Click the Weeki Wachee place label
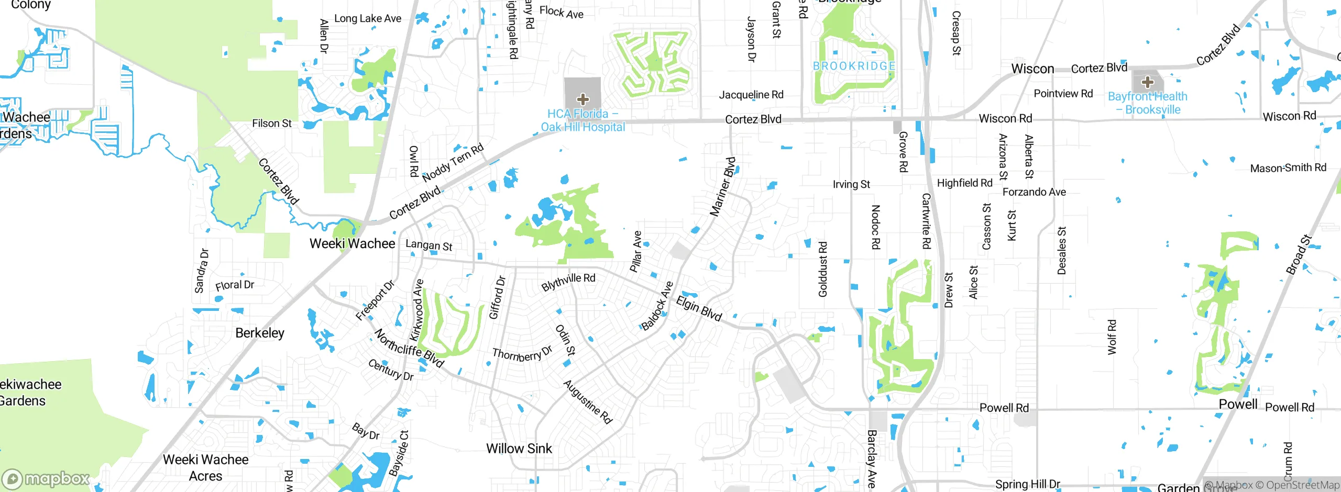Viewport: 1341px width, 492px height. pyautogui.click(x=352, y=243)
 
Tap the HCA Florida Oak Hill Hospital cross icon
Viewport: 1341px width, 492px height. pyautogui.click(x=582, y=99)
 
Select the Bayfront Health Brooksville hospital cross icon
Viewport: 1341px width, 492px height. pyautogui.click(x=1147, y=82)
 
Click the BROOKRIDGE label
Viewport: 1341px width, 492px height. pyautogui.click(x=854, y=66)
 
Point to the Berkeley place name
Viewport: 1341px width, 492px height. pyautogui.click(x=260, y=333)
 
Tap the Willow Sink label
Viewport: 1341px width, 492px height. pyautogui.click(x=519, y=449)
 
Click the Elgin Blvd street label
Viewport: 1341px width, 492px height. pyautogui.click(x=699, y=308)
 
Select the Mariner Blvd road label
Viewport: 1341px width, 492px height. pyautogui.click(x=723, y=186)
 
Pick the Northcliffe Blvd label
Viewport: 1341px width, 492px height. pyautogui.click(x=409, y=348)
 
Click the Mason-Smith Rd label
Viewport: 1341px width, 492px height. pyautogui.click(x=1288, y=168)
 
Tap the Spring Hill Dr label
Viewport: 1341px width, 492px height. pyautogui.click(x=1027, y=484)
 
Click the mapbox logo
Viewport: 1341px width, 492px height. pyautogui.click(x=46, y=479)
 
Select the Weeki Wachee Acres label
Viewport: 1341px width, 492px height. pyautogui.click(x=206, y=467)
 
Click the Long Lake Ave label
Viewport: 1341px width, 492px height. pyautogui.click(x=368, y=18)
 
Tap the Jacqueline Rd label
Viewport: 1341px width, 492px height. pyautogui.click(x=751, y=95)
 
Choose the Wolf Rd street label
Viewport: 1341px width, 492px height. pyautogui.click(x=1112, y=337)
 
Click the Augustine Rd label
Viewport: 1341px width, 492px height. pyautogui.click(x=588, y=401)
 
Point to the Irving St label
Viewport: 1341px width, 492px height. pyautogui.click(x=851, y=184)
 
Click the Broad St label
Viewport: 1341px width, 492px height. pyautogui.click(x=1299, y=254)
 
